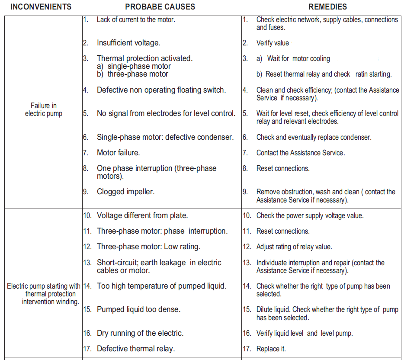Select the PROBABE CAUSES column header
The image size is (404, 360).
160,7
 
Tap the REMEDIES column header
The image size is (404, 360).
327,7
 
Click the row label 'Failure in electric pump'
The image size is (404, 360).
43,109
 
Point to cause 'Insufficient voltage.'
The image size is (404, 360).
128,43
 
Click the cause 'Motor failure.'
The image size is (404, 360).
118,153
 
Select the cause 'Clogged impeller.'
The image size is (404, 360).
125,192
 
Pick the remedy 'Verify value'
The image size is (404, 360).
273,43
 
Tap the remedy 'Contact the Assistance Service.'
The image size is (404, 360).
301,153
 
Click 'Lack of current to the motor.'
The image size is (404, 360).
136,19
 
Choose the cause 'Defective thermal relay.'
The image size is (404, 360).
136,349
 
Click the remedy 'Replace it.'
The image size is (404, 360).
271,349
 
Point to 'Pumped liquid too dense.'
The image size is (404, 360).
138,310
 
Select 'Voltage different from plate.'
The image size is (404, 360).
142,215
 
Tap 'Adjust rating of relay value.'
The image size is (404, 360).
294,247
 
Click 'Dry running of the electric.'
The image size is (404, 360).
140,333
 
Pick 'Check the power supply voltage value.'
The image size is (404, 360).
310,215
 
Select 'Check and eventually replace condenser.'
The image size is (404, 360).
314,137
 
